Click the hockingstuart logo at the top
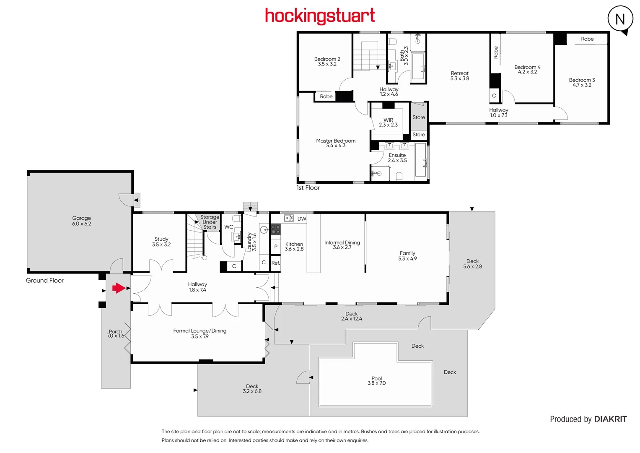coord(320,16)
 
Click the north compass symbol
coord(620,19)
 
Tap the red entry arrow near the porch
coord(119,288)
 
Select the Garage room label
coord(81,221)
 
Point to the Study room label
coord(161,242)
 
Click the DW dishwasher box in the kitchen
coord(302,219)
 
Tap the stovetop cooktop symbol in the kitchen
coord(275,229)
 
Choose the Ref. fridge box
coord(275,263)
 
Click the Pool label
coord(376,380)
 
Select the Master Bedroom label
coord(336,143)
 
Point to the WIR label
coord(388,122)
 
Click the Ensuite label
coord(397,158)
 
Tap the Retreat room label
coord(460,75)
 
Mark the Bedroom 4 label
coord(527,69)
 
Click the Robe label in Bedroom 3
coord(587,39)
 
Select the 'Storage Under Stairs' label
coord(210,222)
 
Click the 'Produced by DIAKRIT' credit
coord(588,419)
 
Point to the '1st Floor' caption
coord(308,188)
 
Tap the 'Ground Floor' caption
coord(45,280)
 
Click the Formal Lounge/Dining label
coord(200,333)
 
